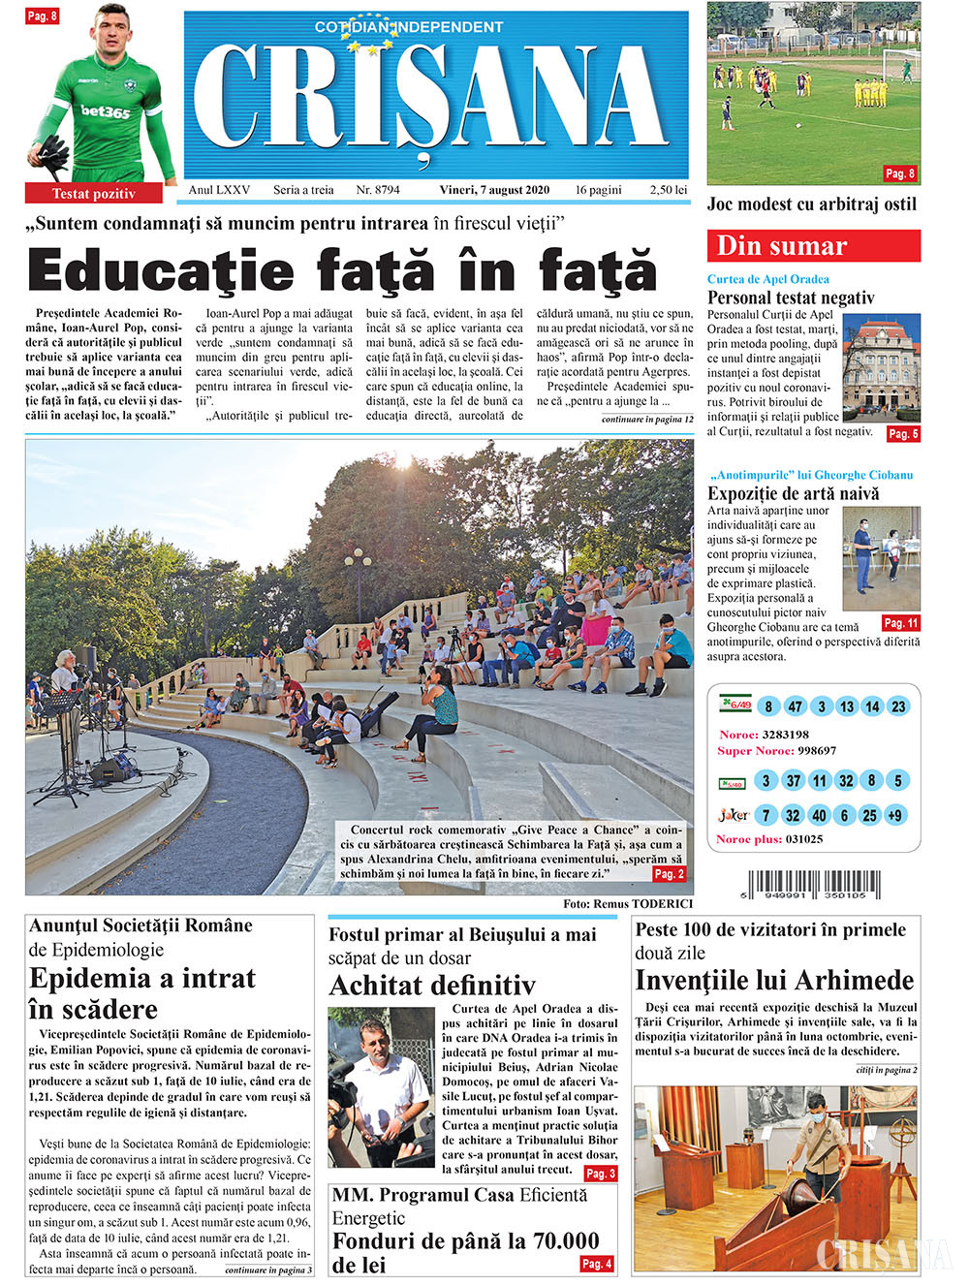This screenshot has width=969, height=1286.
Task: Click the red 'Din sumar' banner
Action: pos(813,246)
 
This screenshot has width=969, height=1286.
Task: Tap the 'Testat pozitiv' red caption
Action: pos(93,194)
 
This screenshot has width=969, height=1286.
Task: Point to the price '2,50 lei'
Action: pos(669,190)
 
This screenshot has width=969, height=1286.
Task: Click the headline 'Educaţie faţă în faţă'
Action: pos(342,269)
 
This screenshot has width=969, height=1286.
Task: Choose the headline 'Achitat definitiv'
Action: pos(432,986)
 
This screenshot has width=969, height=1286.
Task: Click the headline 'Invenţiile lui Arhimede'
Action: pos(774,980)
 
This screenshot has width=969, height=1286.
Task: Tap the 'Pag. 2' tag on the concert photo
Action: pos(670,874)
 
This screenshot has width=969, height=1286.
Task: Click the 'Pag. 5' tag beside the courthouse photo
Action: pos(903,434)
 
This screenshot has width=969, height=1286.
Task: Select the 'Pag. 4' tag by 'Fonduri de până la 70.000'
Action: pos(597,1264)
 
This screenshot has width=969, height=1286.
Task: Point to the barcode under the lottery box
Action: pos(814,886)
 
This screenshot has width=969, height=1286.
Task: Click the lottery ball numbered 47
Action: pos(795,706)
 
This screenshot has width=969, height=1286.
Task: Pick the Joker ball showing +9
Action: pos(894,815)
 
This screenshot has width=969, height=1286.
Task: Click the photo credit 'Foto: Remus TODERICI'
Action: pos(628,903)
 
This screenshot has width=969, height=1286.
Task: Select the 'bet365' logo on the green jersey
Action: pos(106,111)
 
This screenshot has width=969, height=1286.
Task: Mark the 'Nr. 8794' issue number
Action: pos(378,190)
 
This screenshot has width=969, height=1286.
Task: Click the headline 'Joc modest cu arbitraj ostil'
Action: pos(812,204)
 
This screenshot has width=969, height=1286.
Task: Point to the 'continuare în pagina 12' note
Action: pos(647,420)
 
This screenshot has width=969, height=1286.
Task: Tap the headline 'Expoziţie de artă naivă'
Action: pos(794,493)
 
